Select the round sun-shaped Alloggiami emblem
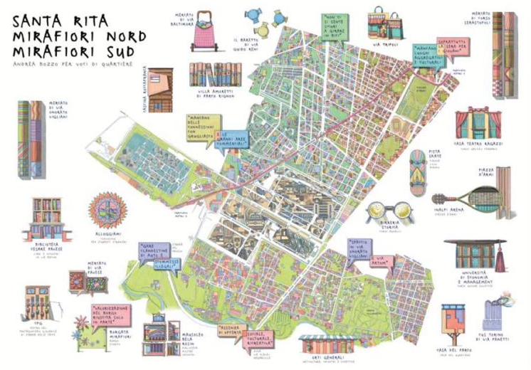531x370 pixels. click(x=108, y=210)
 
